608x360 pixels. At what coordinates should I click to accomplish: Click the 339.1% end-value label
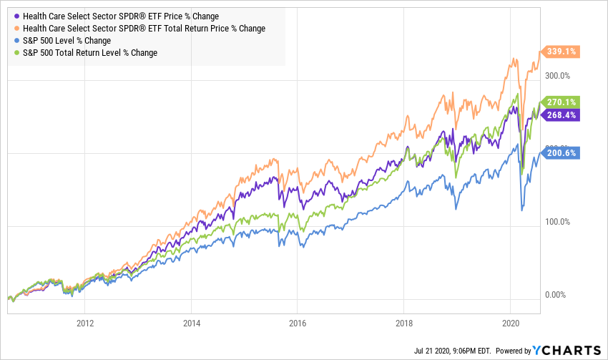pos(563,52)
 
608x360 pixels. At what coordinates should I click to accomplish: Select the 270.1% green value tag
pos(563,102)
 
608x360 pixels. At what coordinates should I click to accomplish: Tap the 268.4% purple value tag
pos(563,115)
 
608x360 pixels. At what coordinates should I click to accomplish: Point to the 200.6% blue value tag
pos(563,152)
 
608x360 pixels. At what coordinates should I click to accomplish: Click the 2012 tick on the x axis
pos(85,323)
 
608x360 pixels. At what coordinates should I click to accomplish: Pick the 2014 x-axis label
pos(192,323)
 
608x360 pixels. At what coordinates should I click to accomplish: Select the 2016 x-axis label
pos(298,323)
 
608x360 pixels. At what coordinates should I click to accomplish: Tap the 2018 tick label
pos(404,323)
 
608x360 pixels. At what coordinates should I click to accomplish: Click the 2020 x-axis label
pos(511,323)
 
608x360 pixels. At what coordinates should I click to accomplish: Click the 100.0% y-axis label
pos(558,221)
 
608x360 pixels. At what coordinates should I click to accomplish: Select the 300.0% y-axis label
pos(558,75)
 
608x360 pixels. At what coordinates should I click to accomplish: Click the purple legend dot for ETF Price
pos(16,16)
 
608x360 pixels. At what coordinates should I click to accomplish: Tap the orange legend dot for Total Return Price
pos(16,29)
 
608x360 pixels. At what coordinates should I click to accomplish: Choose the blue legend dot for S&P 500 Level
pos(16,41)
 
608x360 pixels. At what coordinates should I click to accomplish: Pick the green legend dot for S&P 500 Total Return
pos(16,53)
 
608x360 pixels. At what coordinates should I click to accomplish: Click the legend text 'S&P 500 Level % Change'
pos(67,41)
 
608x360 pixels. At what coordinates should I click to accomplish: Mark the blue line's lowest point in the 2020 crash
pos(521,210)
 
